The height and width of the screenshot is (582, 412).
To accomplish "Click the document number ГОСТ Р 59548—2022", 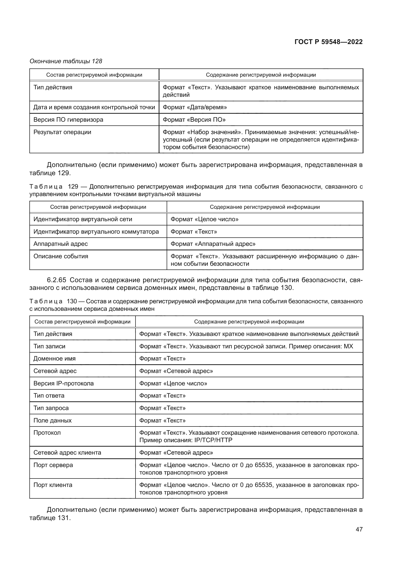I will [x=328, y=42].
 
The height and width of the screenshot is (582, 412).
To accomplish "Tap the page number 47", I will [x=359, y=529].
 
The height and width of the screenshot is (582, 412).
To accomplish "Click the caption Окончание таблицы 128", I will [x=66, y=61].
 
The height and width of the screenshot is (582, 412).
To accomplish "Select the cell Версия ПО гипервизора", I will [x=68, y=120].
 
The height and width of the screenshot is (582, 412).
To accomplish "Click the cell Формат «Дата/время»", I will [x=195, y=107].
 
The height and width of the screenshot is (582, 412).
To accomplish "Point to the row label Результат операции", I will [x=62, y=132].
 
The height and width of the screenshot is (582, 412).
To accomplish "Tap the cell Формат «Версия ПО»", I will [x=194, y=120].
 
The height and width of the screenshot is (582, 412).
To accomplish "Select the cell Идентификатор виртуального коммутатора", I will [x=96, y=232].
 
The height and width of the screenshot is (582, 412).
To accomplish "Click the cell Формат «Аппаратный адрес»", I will [x=213, y=244].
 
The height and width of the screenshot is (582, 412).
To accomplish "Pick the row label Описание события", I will [x=61, y=256].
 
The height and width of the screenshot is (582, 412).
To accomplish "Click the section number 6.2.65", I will [x=56, y=280].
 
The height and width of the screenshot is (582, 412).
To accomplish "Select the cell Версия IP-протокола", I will [x=64, y=383].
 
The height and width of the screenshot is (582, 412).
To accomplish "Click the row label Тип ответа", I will [x=49, y=396].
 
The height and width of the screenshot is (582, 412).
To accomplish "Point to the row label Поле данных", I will [x=52, y=421].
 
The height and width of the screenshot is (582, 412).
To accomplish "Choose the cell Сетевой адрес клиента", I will [x=67, y=453].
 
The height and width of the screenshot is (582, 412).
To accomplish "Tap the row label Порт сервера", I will [x=53, y=465].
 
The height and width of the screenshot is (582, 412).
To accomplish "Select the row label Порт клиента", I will [x=53, y=485].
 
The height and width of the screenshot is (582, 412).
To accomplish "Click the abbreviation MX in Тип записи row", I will [x=348, y=346].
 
